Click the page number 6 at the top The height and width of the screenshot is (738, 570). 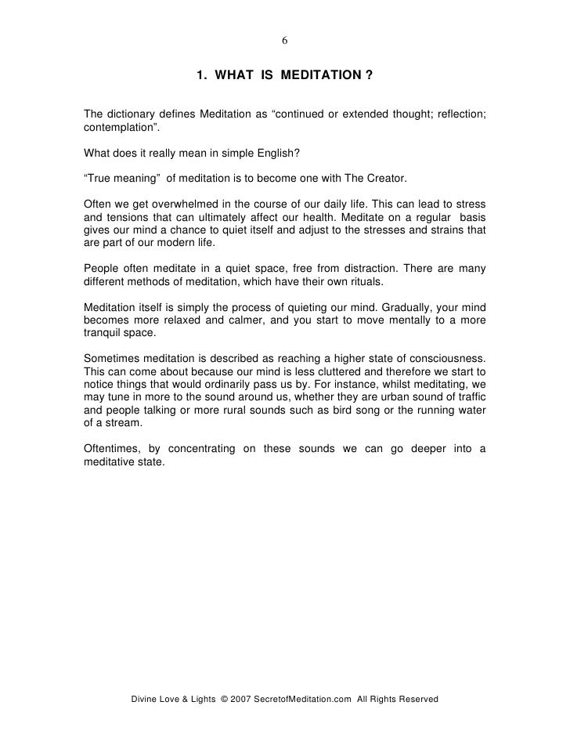point(285,42)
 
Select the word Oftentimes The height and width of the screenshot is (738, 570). point(114,448)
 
